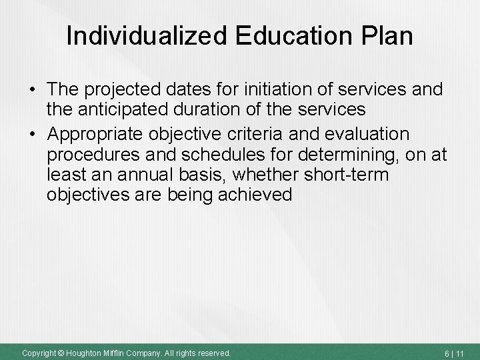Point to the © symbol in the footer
58,352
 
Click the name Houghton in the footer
87,352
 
